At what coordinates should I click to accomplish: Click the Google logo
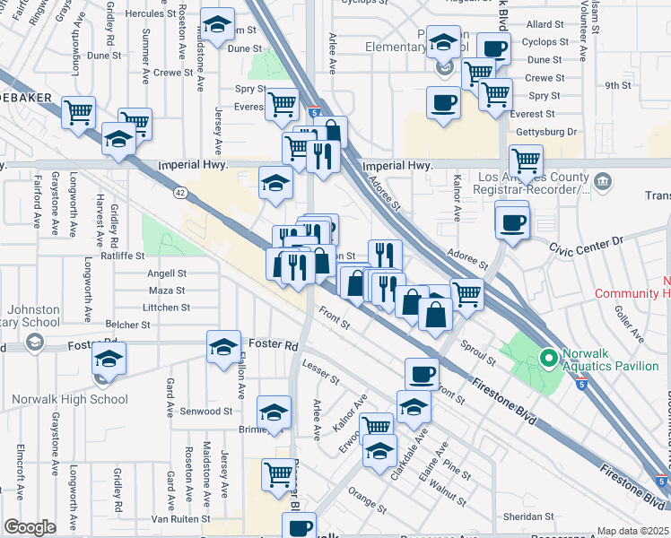tap(30, 527)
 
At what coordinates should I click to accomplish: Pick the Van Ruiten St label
tap(179, 518)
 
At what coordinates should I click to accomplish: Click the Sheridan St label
tap(527, 516)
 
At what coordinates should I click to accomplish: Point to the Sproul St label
tap(479, 352)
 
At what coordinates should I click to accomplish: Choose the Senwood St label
tap(207, 412)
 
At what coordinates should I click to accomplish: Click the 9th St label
tap(618, 85)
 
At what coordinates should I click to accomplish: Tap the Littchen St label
tap(166, 308)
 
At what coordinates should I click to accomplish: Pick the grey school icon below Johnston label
tap(34, 342)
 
